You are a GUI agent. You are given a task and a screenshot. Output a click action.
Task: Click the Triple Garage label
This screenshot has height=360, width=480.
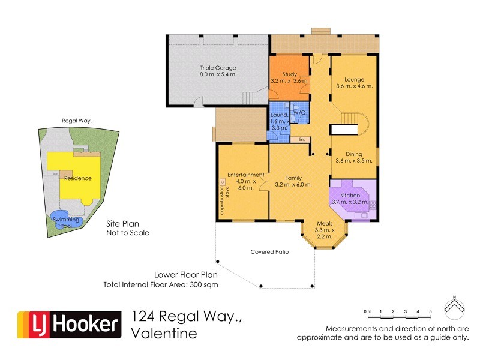[x=218, y=68]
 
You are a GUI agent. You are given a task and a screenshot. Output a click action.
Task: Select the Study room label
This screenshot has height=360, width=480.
[x=289, y=74]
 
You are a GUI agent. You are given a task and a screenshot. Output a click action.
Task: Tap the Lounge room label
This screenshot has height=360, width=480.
[x=354, y=79]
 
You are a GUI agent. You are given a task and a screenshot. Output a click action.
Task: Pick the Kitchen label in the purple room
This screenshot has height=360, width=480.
[x=350, y=196]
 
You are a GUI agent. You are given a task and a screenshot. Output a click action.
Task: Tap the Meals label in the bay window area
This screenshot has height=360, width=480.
[x=325, y=224]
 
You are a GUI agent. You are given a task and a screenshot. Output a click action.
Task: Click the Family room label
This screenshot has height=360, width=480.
[x=293, y=178]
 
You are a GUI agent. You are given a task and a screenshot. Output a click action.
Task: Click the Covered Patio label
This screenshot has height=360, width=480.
[x=269, y=252]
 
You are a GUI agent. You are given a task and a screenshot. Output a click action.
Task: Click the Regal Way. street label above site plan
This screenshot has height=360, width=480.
[x=77, y=121]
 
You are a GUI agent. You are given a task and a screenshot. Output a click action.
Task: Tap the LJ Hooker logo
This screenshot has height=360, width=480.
[x=68, y=325]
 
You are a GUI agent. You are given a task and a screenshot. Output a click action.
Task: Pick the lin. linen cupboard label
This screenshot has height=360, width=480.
[x=302, y=140]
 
